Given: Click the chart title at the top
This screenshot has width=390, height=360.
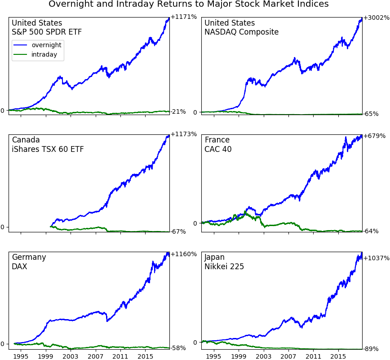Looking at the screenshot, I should tap(188, 4).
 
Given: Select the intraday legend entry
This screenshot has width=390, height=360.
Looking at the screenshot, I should tap(44, 55).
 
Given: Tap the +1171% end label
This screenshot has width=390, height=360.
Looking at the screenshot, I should tap(184, 17).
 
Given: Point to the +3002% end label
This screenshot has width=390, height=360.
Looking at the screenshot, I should tap(377, 18).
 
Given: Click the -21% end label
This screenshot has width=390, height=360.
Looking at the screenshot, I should tap(178, 112).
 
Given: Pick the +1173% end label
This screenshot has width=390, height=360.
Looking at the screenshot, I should tap(184, 134).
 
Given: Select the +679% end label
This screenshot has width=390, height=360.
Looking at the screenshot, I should tap(374, 136).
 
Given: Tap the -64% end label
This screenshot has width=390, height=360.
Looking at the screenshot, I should tap(371, 231).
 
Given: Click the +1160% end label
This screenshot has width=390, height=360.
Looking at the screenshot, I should tap(184, 254).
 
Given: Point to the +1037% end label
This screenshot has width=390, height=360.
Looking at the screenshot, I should tap(377, 258).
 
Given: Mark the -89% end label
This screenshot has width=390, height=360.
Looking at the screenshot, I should tap(371, 349).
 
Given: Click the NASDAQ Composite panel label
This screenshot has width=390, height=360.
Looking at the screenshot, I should tap(241, 32).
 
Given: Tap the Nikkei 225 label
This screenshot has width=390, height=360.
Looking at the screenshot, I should tap(224, 267).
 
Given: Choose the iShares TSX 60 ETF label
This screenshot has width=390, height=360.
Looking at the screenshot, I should tap(48, 149).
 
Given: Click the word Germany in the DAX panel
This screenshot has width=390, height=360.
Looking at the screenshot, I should tap(29, 257).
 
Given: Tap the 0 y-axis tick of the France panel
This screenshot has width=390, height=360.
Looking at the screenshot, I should tap(195, 223).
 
